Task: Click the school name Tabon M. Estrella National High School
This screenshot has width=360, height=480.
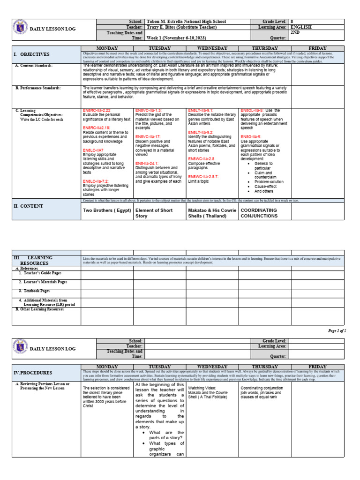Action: (x=186, y=22)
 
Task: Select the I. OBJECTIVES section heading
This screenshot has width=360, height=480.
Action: (x=32, y=55)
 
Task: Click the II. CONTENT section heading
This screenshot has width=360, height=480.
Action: (x=29, y=206)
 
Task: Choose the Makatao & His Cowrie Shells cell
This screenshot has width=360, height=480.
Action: (x=211, y=213)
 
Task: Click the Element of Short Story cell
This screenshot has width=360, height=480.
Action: (x=154, y=213)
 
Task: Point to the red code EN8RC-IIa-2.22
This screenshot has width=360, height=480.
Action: (x=97, y=110)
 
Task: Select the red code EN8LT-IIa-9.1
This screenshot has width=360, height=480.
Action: (x=201, y=110)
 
